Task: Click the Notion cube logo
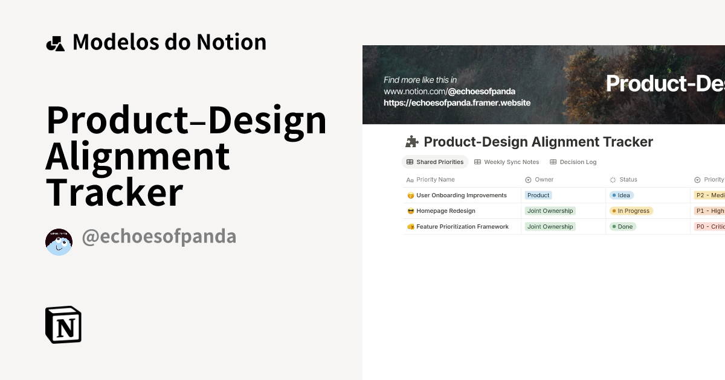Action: coord(63,325)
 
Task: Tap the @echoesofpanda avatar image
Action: coord(59,242)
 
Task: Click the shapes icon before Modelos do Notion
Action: coord(55,43)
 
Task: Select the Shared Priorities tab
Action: coord(435,162)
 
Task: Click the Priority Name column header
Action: coord(435,180)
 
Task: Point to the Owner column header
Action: coord(544,180)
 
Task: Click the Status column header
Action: coord(628,180)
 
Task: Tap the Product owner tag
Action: coord(538,195)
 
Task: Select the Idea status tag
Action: coord(621,195)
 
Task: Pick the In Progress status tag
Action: coord(631,211)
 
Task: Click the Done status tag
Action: coord(622,227)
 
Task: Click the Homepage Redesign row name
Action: coord(446,211)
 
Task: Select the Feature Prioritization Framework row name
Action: coord(462,227)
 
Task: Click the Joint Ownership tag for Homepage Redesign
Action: coord(550,211)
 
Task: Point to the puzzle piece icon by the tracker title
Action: coord(411,142)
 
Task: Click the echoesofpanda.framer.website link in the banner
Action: coord(457,103)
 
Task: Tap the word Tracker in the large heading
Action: coord(115,192)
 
